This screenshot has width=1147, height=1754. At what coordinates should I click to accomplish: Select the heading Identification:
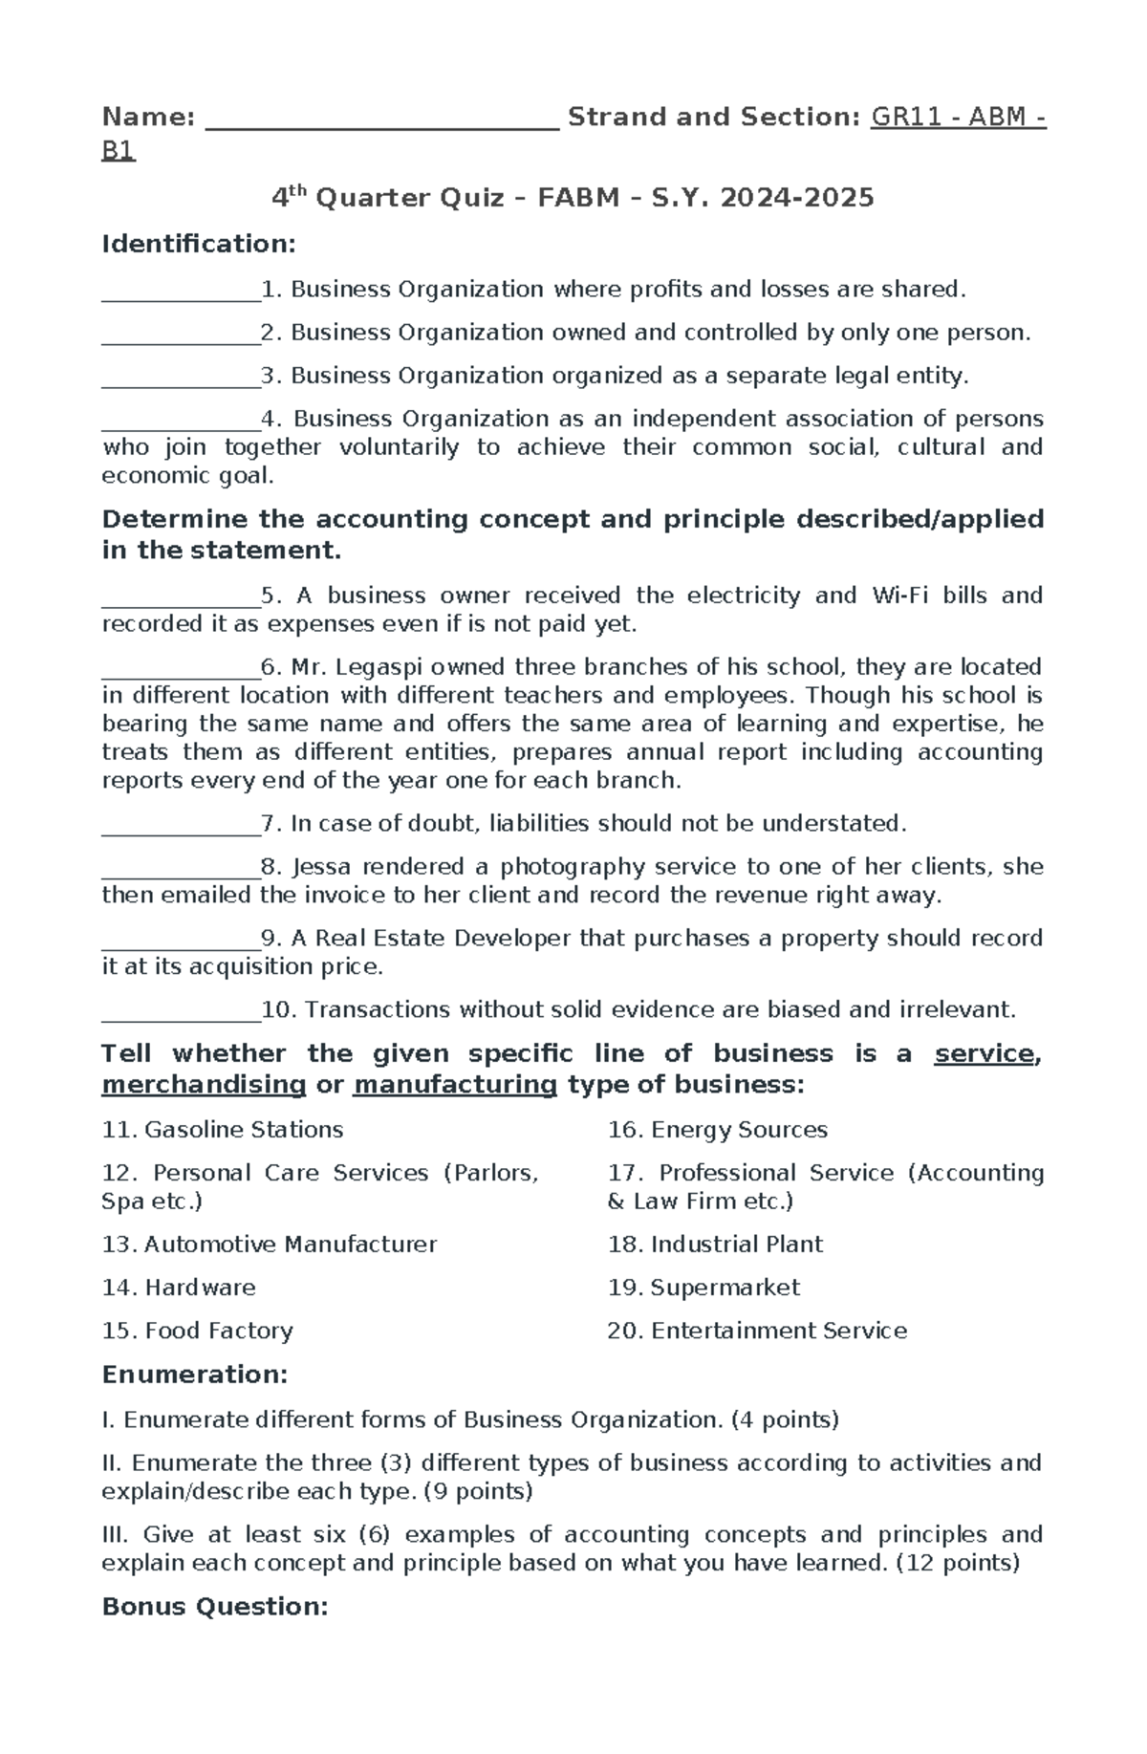tap(199, 245)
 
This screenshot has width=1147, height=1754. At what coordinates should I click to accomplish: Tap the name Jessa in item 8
tap(321, 867)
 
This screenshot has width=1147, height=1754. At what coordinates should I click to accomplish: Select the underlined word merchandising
tap(204, 1085)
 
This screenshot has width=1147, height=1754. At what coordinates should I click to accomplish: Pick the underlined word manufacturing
tap(455, 1085)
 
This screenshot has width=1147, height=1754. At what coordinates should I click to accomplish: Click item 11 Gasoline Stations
tap(223, 1130)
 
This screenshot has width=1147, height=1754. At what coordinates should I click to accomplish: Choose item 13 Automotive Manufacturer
tap(270, 1245)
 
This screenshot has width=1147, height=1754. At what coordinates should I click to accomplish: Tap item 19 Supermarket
tap(703, 1288)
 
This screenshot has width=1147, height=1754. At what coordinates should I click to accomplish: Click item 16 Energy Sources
tap(717, 1130)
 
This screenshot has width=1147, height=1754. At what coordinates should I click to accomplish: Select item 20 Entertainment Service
tap(757, 1331)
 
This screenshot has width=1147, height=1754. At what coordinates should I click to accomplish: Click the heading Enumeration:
tap(194, 1375)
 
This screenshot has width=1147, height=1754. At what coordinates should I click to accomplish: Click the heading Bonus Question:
tap(215, 1607)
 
